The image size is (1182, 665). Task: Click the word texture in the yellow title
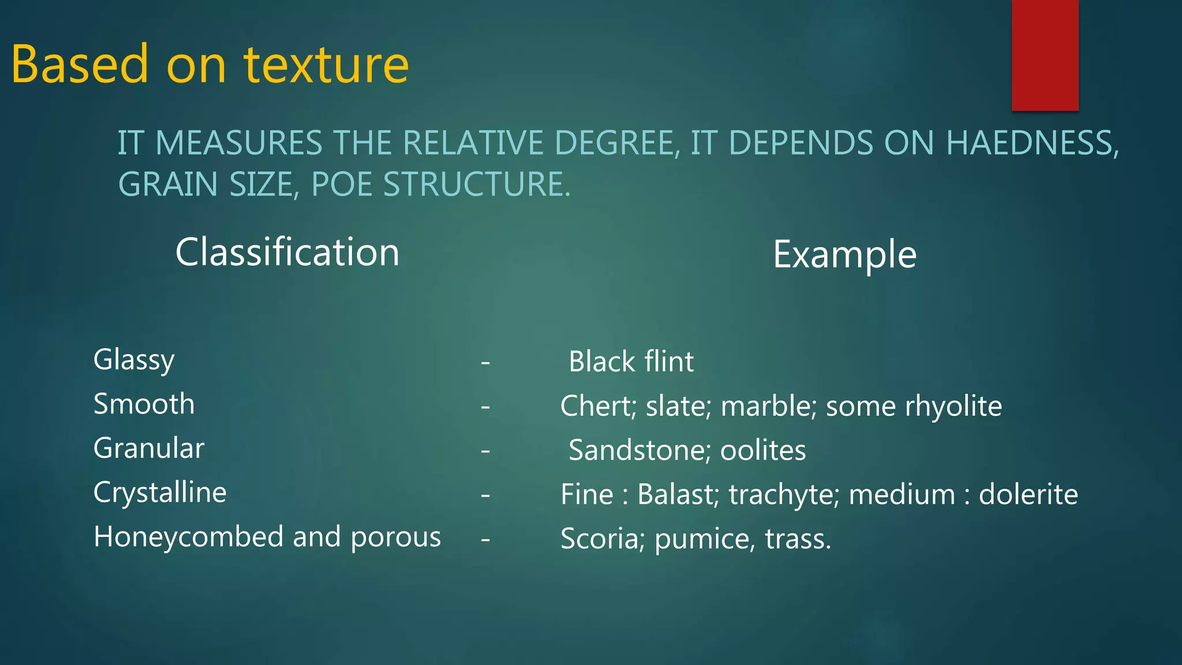(x=326, y=65)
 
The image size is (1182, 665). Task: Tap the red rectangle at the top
(x=1045, y=55)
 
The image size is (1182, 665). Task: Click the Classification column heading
(x=287, y=252)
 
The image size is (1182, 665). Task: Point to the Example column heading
(x=844, y=255)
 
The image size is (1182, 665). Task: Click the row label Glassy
(x=134, y=360)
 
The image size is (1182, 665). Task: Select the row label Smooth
(x=144, y=404)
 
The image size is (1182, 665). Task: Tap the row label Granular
(x=149, y=449)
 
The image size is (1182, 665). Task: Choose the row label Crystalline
(x=160, y=493)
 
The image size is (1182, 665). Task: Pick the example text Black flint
(x=631, y=362)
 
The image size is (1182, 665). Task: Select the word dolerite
(x=1028, y=495)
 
